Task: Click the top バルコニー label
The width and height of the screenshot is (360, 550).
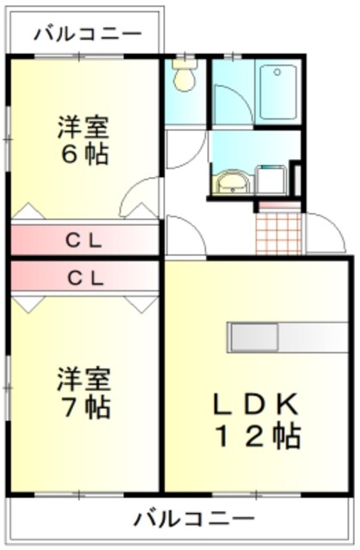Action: tap(88, 34)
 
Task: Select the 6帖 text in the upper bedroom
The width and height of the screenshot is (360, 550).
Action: tap(83, 156)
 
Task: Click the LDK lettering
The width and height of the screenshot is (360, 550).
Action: tap(254, 403)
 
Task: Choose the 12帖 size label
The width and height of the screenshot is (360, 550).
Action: tap(254, 437)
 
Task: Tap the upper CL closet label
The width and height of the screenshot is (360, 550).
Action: tap(84, 241)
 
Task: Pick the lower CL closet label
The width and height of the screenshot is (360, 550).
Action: tap(84, 278)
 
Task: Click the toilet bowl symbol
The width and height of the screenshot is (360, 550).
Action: tap(183, 78)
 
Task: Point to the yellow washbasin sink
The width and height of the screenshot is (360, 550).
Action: tap(229, 182)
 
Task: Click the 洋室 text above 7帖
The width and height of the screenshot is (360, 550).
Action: tap(83, 376)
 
